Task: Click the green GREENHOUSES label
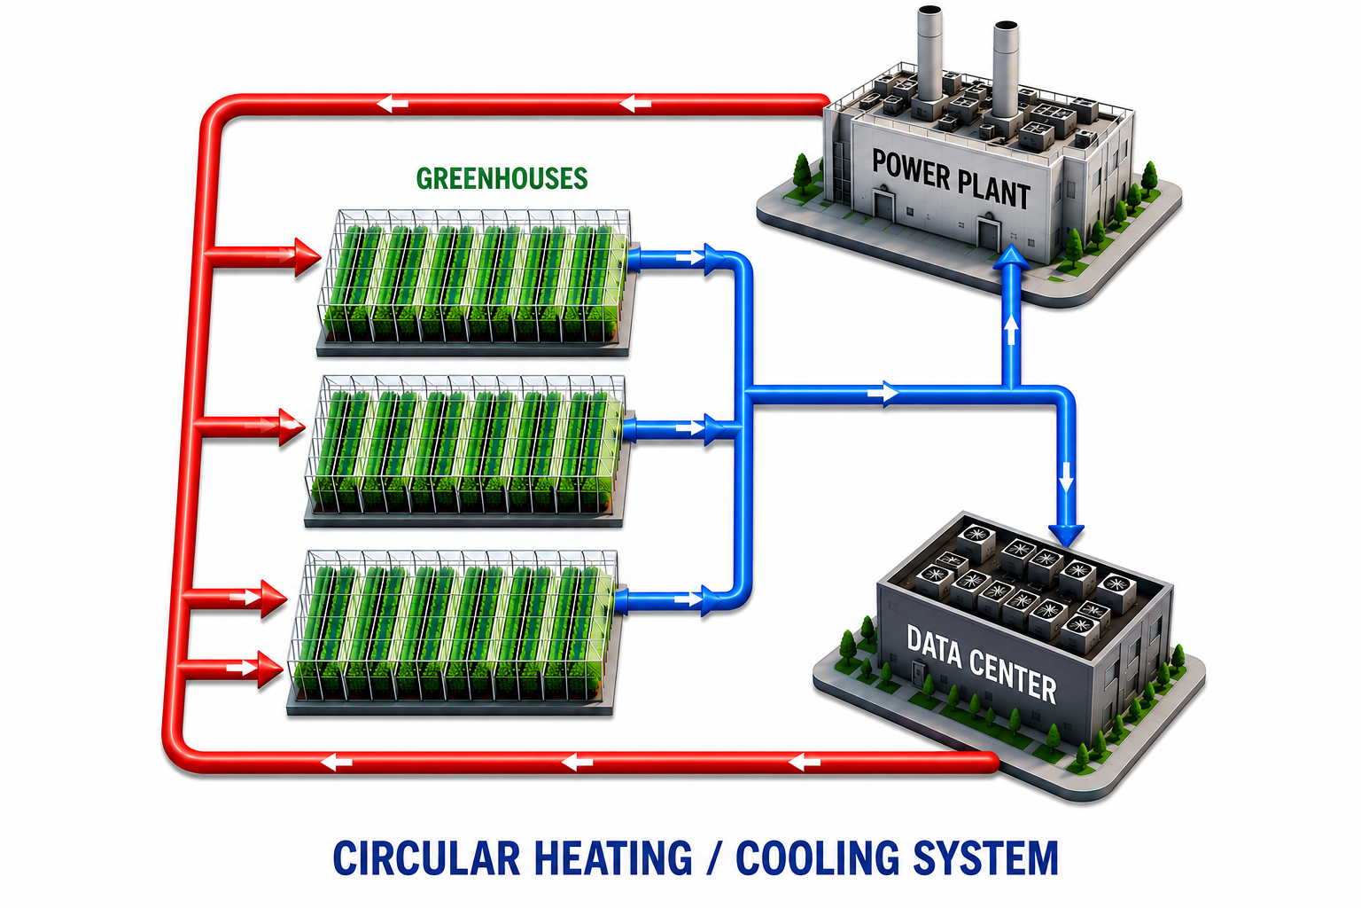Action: click(x=502, y=178)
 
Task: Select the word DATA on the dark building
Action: click(x=935, y=647)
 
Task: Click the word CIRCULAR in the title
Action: click(x=426, y=858)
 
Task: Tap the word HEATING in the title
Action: click(x=613, y=858)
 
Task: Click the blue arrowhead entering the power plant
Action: click(x=1010, y=256)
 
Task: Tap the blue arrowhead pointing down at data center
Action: click(x=1066, y=536)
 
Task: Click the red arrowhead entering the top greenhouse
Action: click(x=307, y=257)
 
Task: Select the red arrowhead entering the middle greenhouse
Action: click(x=292, y=427)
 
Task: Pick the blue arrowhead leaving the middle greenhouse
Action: click(x=714, y=429)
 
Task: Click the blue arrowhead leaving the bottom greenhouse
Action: click(x=712, y=601)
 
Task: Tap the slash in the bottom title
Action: click(x=714, y=858)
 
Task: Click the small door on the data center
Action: click(x=918, y=673)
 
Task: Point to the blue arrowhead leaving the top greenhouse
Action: click(x=716, y=260)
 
